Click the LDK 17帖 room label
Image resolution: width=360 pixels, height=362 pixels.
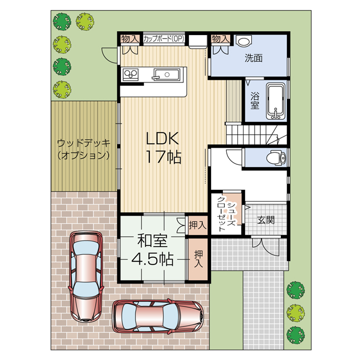(x=163, y=148)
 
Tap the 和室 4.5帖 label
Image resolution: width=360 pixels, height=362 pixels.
(x=152, y=250)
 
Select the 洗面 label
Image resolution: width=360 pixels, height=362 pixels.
(x=254, y=58)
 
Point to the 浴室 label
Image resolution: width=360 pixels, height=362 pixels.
(x=255, y=101)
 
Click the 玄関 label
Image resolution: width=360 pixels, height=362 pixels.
(x=266, y=220)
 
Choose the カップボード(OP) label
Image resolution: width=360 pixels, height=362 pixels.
(x=164, y=38)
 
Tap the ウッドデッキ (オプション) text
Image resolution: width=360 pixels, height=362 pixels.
(x=84, y=149)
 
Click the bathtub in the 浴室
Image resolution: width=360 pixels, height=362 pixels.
(x=276, y=101)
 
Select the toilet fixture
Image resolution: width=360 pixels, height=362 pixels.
(x=276, y=158)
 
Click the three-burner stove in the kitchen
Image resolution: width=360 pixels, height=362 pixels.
(x=130, y=74)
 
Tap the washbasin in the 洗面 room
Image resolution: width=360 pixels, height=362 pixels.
(x=244, y=41)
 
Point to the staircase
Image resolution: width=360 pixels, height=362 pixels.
(x=256, y=135)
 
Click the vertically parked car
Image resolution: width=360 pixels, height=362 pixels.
(x=86, y=277)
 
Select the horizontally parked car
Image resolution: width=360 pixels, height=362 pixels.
(x=158, y=316)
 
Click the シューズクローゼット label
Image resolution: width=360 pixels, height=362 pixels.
(x=226, y=214)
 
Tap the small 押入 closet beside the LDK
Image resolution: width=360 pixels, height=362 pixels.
(x=198, y=226)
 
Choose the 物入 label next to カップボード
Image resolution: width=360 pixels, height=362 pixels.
(x=130, y=39)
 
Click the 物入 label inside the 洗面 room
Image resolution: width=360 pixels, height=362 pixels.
(x=221, y=39)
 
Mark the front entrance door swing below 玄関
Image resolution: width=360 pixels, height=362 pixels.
(x=266, y=246)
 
